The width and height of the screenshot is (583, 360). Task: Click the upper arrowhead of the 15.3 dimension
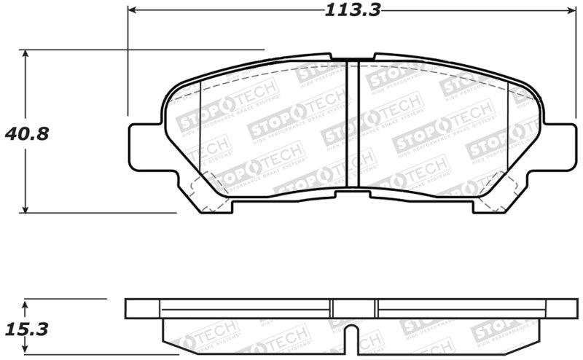click(26, 302)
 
